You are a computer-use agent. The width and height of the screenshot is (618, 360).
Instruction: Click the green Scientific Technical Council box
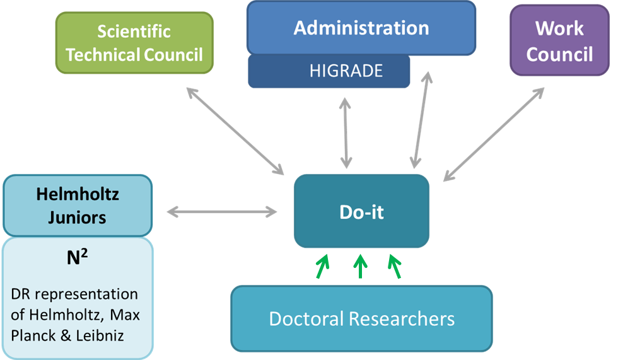tap(134, 43)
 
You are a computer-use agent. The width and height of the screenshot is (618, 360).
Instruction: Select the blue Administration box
tap(361, 28)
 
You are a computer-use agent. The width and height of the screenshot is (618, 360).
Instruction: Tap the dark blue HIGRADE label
tap(346, 71)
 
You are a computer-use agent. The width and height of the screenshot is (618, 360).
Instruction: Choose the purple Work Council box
tap(559, 42)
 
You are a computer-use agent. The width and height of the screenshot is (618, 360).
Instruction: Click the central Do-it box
tap(361, 211)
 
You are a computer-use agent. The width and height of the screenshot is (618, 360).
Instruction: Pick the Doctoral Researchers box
tap(361, 318)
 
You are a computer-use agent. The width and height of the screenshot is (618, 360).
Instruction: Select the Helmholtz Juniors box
tap(78, 206)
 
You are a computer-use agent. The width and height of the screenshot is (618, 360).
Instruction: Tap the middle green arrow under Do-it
tap(360, 266)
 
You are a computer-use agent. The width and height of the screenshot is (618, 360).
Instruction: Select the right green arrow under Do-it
tap(395, 265)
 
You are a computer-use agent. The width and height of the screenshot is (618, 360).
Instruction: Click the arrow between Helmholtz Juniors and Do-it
tap(222, 212)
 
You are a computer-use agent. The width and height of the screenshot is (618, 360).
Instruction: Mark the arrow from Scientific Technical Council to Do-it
tap(235, 131)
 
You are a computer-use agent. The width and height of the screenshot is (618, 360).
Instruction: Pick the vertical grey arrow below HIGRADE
tap(345, 133)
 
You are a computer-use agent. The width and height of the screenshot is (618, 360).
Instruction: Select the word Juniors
tap(77, 218)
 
